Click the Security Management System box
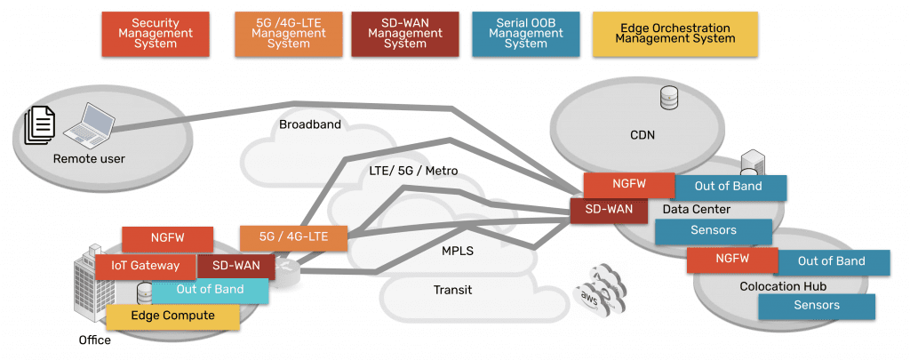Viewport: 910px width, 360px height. (x=155, y=33)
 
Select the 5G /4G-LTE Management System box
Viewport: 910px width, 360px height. (x=289, y=33)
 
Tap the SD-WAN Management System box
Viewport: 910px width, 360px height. (x=406, y=33)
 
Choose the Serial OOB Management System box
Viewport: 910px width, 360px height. (x=526, y=33)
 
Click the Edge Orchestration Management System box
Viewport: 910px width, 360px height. (x=675, y=33)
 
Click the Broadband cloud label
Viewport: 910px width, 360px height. (x=310, y=124)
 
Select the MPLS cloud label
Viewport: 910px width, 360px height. (x=458, y=251)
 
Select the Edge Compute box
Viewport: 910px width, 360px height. (x=172, y=316)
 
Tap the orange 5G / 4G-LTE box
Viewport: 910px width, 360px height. (x=292, y=237)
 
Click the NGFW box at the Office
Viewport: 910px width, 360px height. (x=167, y=238)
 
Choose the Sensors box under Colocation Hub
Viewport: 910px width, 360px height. (x=817, y=305)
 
